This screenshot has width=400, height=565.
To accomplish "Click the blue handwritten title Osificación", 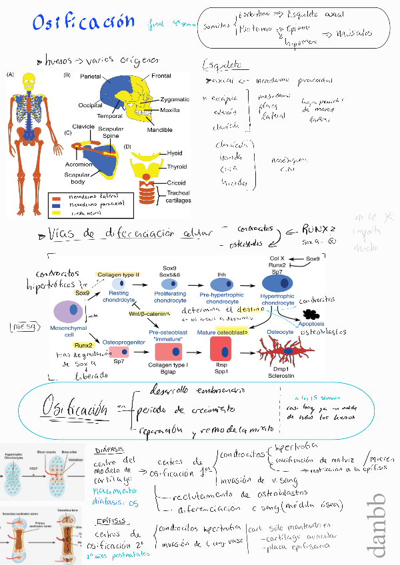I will pyautogui.click(x=83, y=23).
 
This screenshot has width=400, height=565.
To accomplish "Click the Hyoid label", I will pyautogui.click(x=175, y=153).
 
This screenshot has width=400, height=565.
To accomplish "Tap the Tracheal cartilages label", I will pyautogui.click(x=178, y=196).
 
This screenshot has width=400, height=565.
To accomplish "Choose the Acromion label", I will pyautogui.click(x=77, y=161).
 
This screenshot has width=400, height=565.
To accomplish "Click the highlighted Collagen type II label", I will pyautogui.click(x=119, y=275).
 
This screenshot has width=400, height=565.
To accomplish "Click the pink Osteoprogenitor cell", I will pyautogui.click(x=119, y=352).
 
